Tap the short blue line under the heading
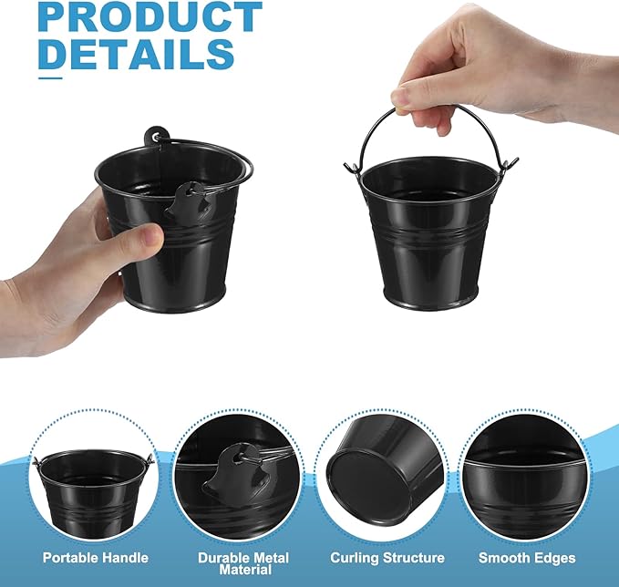50,79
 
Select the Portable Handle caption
95,558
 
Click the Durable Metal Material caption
243,563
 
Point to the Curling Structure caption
387,558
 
